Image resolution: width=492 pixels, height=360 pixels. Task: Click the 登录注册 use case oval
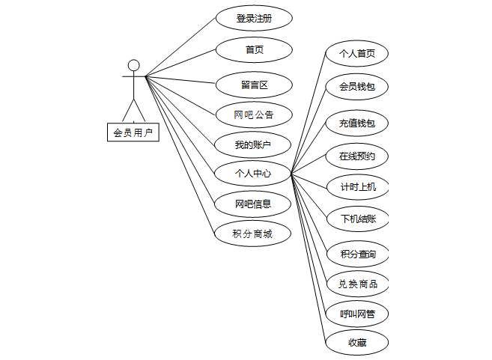[253, 18]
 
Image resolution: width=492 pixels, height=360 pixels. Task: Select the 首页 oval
[253, 50]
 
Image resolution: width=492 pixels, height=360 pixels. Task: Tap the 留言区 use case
[253, 84]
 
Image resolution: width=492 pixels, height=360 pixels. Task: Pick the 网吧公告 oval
[253, 115]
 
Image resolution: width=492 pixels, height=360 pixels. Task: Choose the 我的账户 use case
[252, 144]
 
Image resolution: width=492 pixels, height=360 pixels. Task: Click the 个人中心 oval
[252, 174]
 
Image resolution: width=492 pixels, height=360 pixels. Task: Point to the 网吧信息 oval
[252, 204]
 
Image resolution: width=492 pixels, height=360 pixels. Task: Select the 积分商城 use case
[252, 234]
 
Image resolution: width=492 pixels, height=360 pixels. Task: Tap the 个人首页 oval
[356, 54]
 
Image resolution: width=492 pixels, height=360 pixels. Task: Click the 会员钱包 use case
[356, 87]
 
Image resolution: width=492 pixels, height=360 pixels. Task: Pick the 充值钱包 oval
[356, 123]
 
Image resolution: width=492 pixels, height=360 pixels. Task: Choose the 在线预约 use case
[356, 156]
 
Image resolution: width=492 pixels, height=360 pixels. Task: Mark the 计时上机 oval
[357, 187]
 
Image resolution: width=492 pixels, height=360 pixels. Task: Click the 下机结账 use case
[357, 219]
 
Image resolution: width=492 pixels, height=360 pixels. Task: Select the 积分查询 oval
[357, 254]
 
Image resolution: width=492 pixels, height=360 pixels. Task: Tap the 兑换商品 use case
[357, 284]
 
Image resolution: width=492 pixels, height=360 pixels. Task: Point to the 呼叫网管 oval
[357, 314]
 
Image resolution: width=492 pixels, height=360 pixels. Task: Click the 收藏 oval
[356, 343]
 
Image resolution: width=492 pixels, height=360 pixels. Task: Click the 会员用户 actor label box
[133, 133]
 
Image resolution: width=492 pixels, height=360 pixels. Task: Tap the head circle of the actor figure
[133, 65]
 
